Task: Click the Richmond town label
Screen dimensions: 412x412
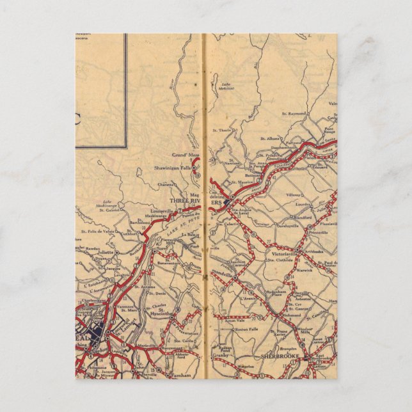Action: pyautogui.click(x=295, y=316)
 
